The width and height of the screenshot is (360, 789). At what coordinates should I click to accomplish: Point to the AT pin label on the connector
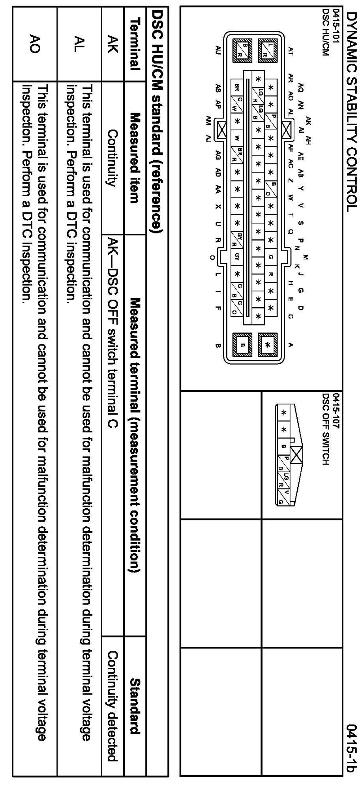(291, 51)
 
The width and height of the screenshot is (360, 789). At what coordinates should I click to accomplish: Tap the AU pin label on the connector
(217, 50)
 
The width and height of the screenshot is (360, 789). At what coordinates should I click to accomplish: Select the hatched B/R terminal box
(242, 50)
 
